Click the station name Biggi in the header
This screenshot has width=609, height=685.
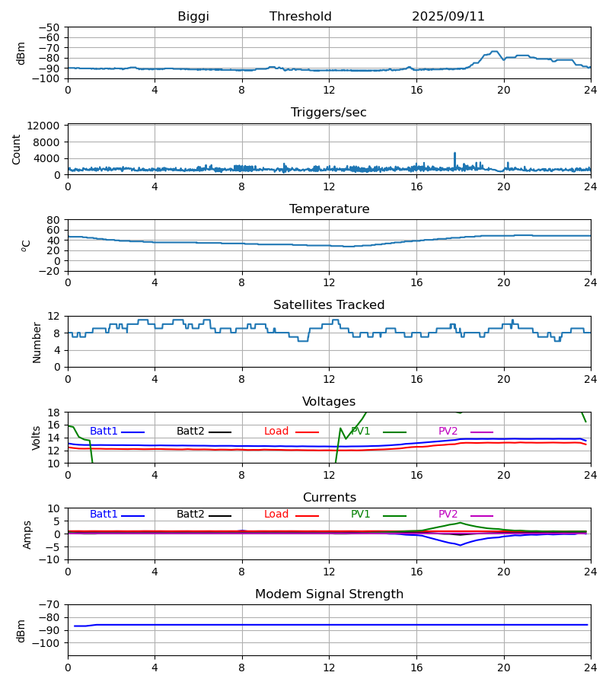193,17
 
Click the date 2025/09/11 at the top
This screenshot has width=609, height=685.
448,17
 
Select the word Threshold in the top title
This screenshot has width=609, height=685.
301,17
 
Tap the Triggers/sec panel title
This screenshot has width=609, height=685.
329,113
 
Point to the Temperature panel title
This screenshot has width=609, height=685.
329,209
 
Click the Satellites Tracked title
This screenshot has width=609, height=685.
329,305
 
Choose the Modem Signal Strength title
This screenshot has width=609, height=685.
329,594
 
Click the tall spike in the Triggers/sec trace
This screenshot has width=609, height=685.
455,154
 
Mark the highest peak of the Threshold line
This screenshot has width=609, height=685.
495,52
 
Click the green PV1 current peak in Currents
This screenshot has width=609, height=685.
460,523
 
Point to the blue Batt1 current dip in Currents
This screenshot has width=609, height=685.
460,545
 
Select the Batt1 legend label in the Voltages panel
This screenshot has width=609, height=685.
104,432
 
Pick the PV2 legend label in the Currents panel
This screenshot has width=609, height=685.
448,515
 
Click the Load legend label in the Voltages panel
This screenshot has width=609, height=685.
276,432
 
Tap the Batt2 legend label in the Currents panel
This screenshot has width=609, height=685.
190,515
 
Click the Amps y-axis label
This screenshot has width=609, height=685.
27,534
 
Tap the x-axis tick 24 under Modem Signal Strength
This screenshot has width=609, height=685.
590,667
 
